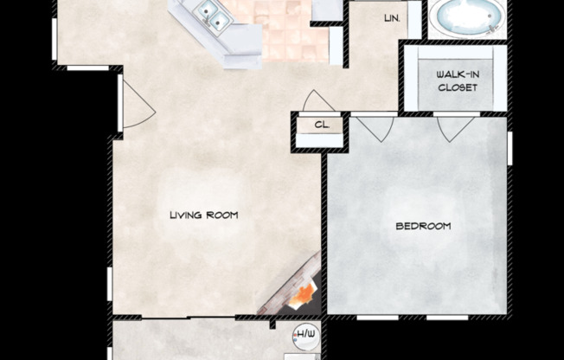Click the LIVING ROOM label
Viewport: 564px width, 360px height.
point(203,215)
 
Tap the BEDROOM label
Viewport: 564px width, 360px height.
point(423,226)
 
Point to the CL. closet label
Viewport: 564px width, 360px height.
point(322,125)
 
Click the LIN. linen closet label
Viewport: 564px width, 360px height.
point(391,17)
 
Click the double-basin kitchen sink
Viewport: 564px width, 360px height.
point(208,11)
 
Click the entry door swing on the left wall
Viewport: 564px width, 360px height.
point(137,106)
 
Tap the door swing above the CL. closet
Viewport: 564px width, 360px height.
point(317,100)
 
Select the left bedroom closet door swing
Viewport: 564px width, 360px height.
point(374,128)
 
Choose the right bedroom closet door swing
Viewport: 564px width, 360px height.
point(455,128)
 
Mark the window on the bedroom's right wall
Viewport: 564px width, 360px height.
point(510,148)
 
